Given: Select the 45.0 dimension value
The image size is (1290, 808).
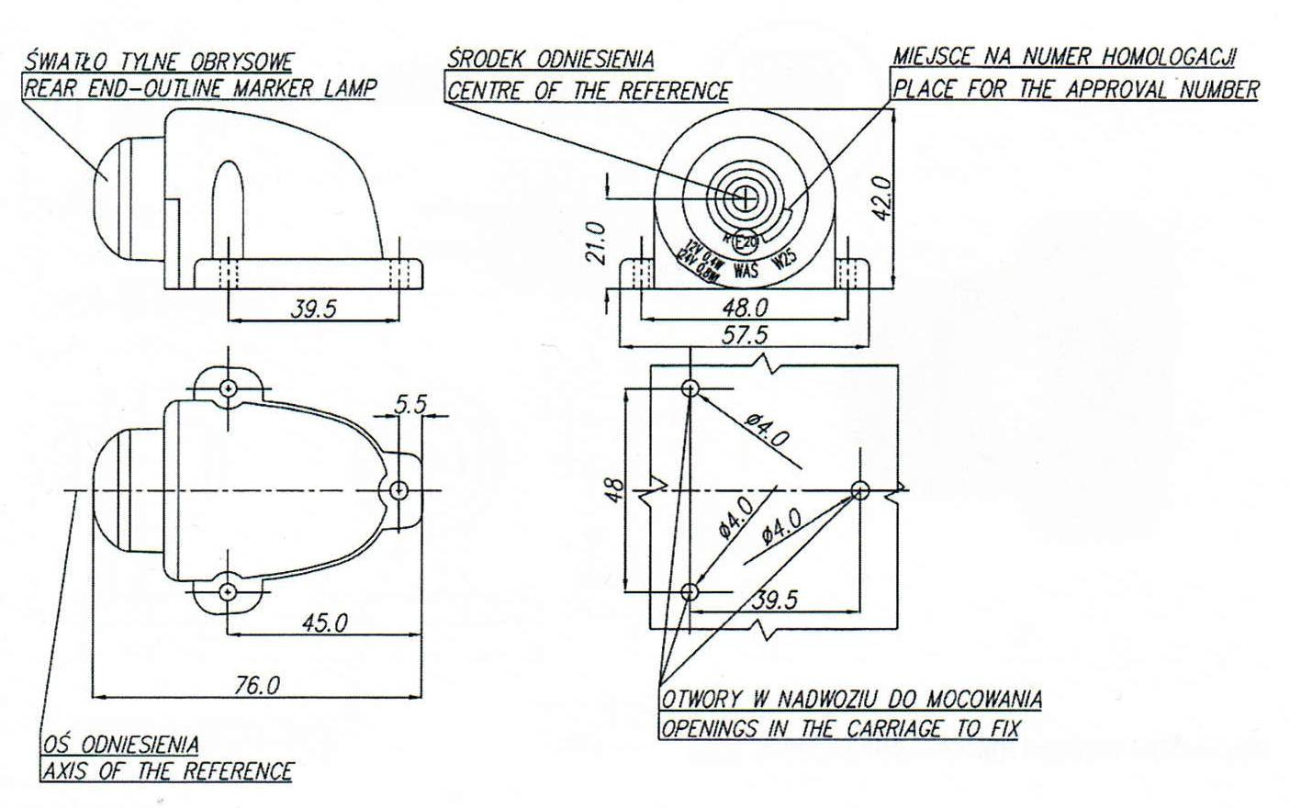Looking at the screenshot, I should point(326,623).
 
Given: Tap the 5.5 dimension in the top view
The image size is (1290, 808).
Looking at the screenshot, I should point(410,403).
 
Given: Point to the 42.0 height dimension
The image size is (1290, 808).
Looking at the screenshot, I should point(881,196).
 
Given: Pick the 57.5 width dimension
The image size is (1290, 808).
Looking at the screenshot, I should point(746,334).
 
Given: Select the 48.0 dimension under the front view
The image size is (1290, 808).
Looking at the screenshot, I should point(746,306).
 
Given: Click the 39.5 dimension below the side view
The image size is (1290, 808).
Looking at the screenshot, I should point(314,309).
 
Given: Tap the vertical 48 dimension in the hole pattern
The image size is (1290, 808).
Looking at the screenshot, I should point(615,491).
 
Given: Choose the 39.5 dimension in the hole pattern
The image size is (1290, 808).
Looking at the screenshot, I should point(775,600).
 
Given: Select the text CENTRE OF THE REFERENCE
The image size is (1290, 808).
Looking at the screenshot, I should point(588,91).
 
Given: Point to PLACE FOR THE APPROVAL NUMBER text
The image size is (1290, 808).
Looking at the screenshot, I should point(1075,89).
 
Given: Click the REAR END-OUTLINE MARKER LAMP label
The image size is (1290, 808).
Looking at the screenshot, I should point(199,89).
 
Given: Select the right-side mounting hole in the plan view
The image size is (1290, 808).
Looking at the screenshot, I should point(398,490).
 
